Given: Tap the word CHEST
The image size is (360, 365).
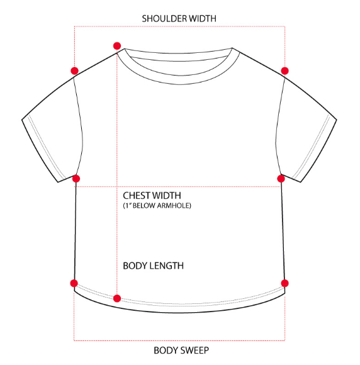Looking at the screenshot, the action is coord(136,196).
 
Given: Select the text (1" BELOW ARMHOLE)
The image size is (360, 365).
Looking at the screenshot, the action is coord(157,206).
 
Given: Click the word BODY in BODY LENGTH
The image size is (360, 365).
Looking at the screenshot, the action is coord(134,266).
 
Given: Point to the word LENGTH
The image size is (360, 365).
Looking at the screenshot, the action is coord(166,266).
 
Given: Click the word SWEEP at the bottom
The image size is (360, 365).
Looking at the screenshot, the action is coord(194,351).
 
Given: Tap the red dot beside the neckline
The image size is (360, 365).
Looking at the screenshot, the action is coord(117,46).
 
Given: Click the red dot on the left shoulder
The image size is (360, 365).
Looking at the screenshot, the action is coord(74,70).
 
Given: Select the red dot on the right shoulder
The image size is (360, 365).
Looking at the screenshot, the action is coord(284,70).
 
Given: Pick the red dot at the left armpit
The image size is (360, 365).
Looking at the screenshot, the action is coord(76,179).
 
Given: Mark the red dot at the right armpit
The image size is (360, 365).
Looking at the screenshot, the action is coord(281,179).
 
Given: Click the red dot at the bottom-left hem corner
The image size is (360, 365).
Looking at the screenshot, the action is coord(74,283).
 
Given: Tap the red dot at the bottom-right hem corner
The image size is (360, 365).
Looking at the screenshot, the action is coord(284,283).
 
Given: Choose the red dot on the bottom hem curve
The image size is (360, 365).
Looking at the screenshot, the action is coord(117,298).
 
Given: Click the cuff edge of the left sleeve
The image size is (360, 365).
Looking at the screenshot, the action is coord(40,151).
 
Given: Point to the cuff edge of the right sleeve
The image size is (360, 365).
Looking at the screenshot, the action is coord(318,151).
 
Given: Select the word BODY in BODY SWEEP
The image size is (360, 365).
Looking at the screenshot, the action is coord(166,351).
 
